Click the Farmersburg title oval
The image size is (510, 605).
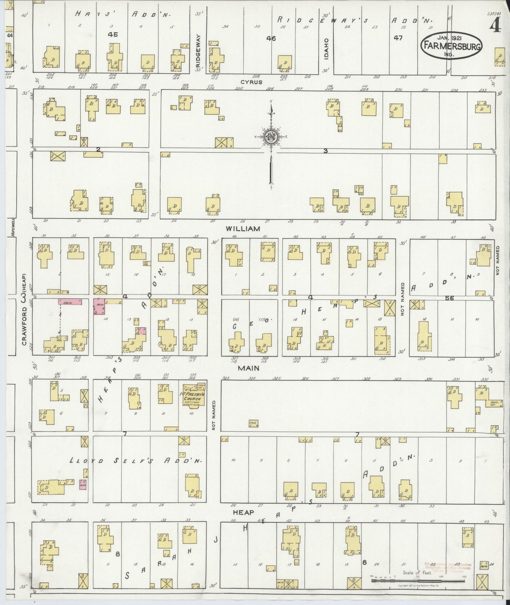[451, 46]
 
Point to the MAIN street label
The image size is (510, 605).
[248, 368]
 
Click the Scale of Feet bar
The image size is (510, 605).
[418, 580]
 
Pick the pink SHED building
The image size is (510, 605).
[70, 302]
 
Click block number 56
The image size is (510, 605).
[449, 298]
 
